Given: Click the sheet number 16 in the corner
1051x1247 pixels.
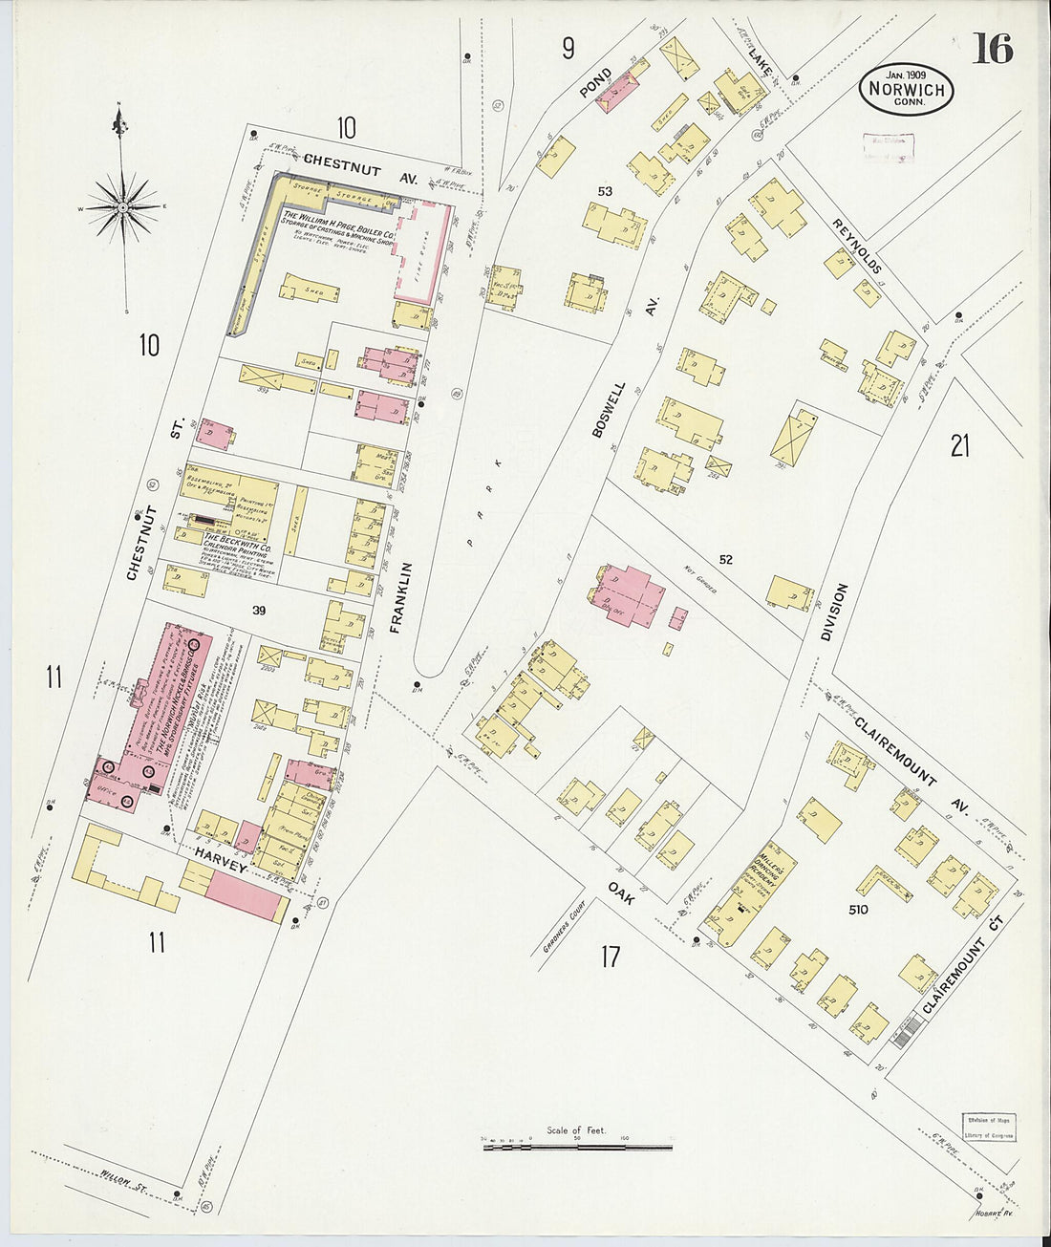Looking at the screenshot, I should (x=993, y=48).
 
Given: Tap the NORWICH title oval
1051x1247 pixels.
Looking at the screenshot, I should (x=906, y=90).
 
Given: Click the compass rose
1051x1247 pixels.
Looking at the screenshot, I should (x=123, y=205).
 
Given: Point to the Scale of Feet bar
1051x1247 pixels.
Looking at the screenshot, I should (x=577, y=1146).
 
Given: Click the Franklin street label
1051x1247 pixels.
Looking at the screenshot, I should (x=402, y=598).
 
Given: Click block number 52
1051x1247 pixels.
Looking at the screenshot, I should (x=725, y=559).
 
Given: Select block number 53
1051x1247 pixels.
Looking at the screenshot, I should (x=604, y=191).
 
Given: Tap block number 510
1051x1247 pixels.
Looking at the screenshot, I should (x=857, y=910).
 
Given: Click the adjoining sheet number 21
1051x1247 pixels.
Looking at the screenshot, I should (x=959, y=445).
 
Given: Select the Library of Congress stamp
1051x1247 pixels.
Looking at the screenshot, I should (x=988, y=1128).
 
